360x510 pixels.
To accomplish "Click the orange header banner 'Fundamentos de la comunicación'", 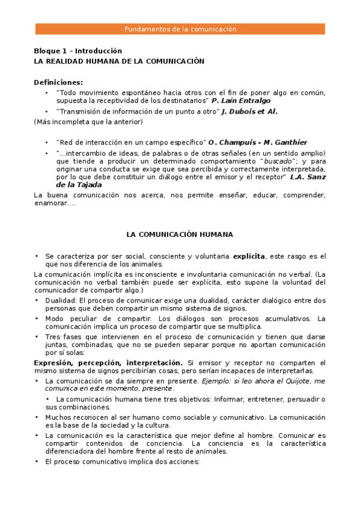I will coord(180,29).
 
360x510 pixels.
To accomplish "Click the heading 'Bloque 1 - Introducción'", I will coord(78,51).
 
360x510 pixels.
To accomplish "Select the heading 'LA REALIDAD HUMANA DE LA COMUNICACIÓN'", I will coord(119,61).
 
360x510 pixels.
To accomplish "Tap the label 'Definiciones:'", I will coord(58,82).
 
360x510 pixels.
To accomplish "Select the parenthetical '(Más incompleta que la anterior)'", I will coord(88,122).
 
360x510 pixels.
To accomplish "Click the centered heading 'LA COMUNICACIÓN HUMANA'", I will coord(180,234).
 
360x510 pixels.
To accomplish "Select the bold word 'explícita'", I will coord(249,256).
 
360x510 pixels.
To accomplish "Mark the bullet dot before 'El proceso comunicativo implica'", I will coord(37,462).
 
